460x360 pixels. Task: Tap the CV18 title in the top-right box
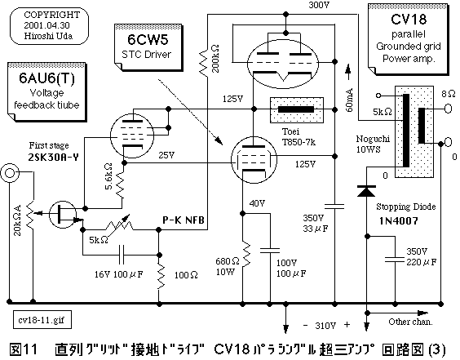click(x=410, y=19)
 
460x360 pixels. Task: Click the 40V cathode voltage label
click(x=258, y=202)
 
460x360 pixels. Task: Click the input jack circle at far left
click(x=11, y=174)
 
